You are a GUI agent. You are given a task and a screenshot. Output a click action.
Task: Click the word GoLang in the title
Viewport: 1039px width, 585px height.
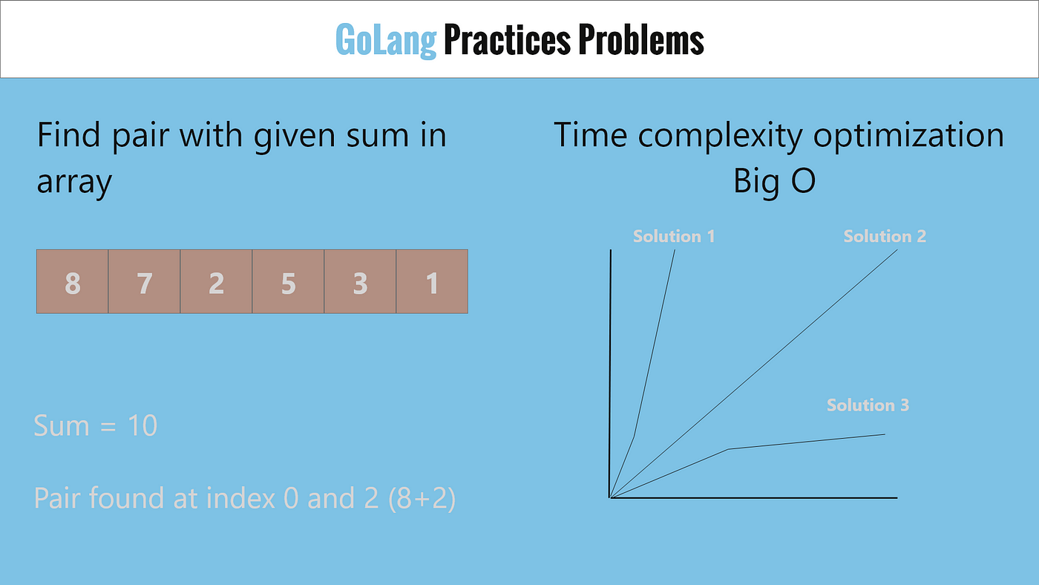[386, 40]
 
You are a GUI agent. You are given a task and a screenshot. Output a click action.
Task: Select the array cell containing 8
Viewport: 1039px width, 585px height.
[73, 281]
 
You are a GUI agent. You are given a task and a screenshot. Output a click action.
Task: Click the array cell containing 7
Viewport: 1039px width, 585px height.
[144, 281]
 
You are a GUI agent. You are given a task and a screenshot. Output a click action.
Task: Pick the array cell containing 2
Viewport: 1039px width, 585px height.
[216, 281]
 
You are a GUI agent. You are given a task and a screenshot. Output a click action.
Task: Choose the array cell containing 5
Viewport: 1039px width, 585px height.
[288, 281]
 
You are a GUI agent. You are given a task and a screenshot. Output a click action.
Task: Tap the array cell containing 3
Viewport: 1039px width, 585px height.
[360, 281]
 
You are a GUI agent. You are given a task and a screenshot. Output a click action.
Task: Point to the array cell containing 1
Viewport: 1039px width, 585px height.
[432, 281]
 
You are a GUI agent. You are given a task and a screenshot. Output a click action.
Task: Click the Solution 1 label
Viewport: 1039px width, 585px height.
[674, 236]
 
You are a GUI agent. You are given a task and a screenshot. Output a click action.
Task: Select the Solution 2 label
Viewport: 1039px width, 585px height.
[885, 236]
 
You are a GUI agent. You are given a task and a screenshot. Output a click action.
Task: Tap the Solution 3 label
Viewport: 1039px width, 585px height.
[868, 405]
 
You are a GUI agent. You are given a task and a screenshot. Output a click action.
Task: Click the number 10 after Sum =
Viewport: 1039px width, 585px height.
[142, 425]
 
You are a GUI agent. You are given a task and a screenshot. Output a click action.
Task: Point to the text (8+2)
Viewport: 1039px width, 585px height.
[422, 498]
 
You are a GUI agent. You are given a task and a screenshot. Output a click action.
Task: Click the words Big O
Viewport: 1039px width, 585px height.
[774, 180]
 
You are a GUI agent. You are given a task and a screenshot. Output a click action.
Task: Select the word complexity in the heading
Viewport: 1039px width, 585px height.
[720, 136]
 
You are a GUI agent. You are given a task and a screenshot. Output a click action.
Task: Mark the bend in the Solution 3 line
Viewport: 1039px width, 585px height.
[728, 449]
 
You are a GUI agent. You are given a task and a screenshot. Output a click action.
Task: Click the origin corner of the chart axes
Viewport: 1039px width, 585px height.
[610, 498]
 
